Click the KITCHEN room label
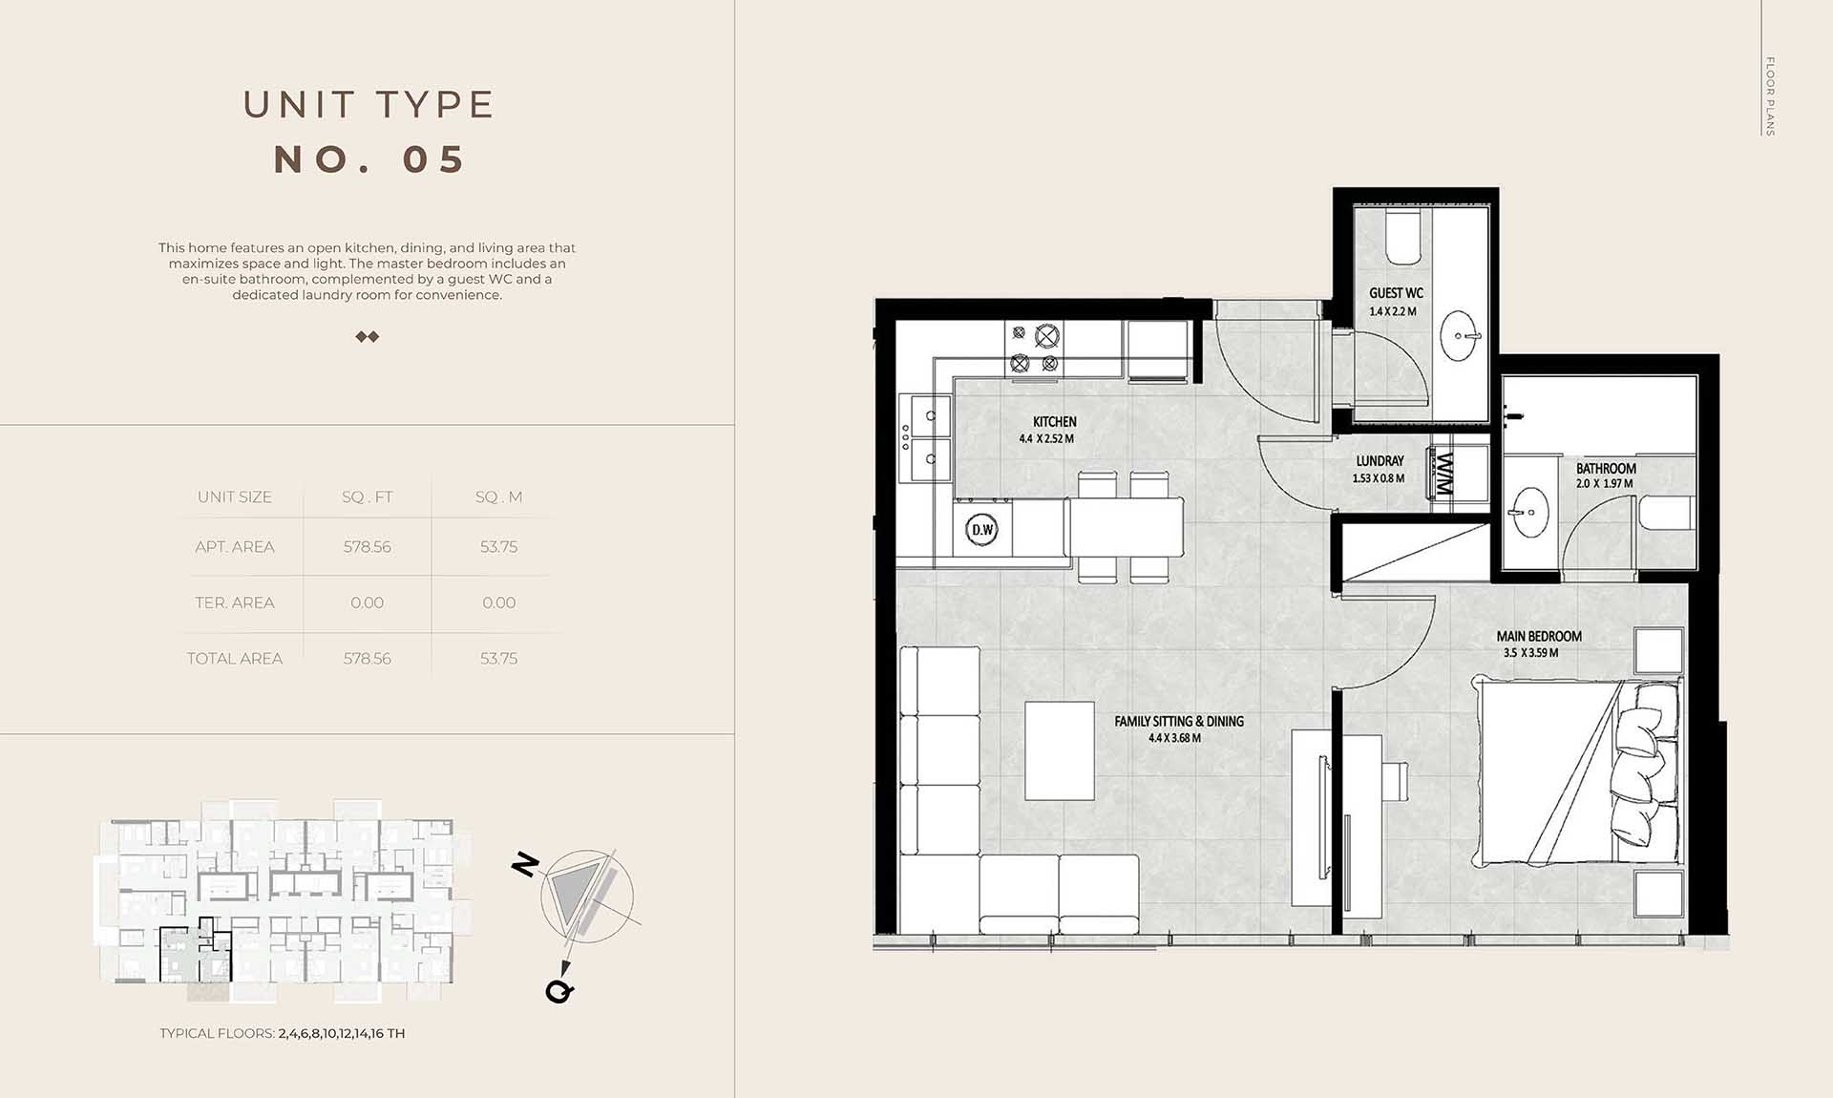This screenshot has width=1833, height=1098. point(1054,421)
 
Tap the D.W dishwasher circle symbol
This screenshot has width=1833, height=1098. point(981,529)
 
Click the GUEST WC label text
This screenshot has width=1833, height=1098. point(1396,293)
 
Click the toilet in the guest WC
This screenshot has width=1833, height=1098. point(1403,239)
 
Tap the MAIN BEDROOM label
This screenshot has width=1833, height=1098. point(1539,636)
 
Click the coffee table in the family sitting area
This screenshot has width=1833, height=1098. point(1060,750)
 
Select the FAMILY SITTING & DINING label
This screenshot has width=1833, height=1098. point(1179,722)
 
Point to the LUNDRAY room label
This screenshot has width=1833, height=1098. point(1380,460)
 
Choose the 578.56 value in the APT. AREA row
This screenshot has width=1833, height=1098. point(367,547)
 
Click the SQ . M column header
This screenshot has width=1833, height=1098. point(498,496)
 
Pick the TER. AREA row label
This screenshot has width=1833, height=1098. point(235,602)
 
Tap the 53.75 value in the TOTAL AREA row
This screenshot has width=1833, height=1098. point(498,658)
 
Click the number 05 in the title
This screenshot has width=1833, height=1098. point(434,159)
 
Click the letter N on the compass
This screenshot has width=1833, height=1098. point(525,864)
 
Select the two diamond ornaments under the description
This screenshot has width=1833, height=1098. point(368,336)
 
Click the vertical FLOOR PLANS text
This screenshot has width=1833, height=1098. point(1769,95)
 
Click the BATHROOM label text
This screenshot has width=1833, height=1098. point(1606,469)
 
